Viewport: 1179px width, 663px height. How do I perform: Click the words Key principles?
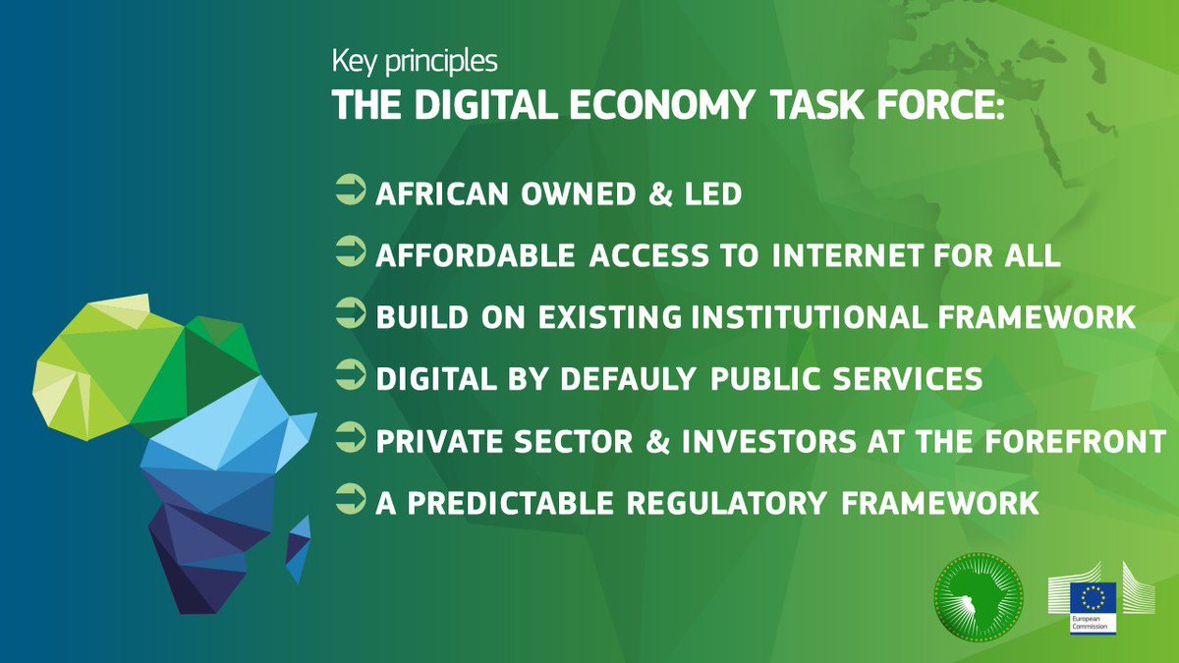click(x=415, y=62)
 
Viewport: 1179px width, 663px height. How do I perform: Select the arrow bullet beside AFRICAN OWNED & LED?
click(x=350, y=191)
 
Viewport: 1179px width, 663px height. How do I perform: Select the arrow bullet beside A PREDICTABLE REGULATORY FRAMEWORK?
click(x=350, y=500)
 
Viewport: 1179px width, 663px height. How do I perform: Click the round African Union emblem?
click(x=980, y=595)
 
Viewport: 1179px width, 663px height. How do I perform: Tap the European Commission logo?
click(x=1092, y=600)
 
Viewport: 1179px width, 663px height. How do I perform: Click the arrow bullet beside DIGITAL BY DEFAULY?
click(x=350, y=376)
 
